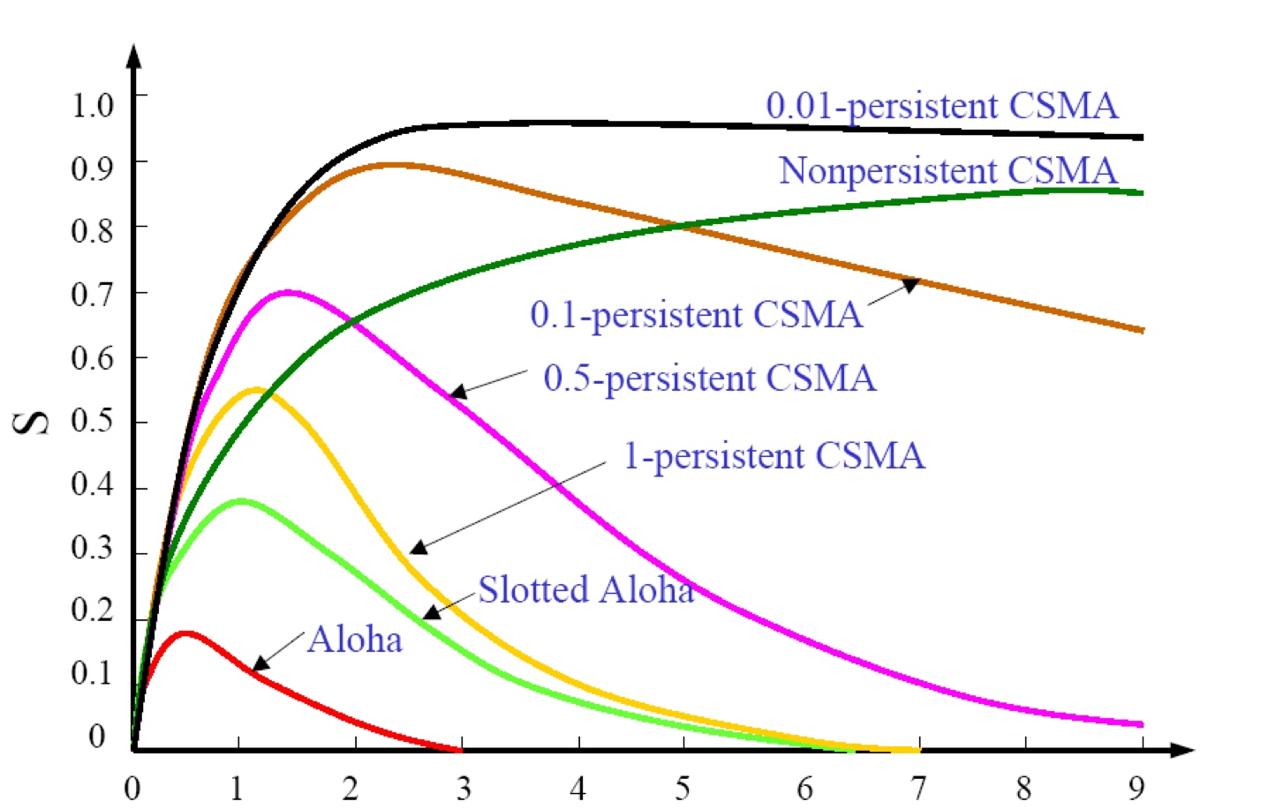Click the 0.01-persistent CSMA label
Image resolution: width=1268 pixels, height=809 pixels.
click(x=941, y=106)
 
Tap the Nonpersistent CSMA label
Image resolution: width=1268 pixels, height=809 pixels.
click(x=947, y=170)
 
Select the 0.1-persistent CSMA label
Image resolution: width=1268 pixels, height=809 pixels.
click(x=696, y=315)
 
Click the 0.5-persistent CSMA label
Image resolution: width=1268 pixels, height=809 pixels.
click(x=709, y=378)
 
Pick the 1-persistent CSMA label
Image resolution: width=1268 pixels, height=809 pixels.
click(x=774, y=456)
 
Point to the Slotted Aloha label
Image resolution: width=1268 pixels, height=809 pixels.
click(x=585, y=589)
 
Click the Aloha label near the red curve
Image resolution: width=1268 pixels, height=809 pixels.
click(x=354, y=640)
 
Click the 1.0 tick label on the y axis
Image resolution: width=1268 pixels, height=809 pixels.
click(x=92, y=105)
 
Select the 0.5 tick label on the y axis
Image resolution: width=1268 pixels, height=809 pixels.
click(x=92, y=420)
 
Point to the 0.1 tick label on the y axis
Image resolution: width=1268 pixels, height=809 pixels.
click(x=92, y=672)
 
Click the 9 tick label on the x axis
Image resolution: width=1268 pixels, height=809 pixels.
click(x=1136, y=787)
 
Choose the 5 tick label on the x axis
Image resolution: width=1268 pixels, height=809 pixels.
click(x=682, y=787)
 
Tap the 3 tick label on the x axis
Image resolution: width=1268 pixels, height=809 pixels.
click(x=464, y=787)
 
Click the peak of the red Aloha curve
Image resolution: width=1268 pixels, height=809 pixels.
click(x=185, y=633)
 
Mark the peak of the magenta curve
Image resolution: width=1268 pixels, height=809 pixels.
click(x=288, y=292)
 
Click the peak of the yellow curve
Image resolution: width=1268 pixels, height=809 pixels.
click(x=256, y=389)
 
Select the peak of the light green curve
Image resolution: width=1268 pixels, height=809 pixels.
click(x=240, y=501)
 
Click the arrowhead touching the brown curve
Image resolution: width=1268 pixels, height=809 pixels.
click(x=910, y=284)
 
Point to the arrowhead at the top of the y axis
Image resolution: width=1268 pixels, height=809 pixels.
click(x=133, y=56)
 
